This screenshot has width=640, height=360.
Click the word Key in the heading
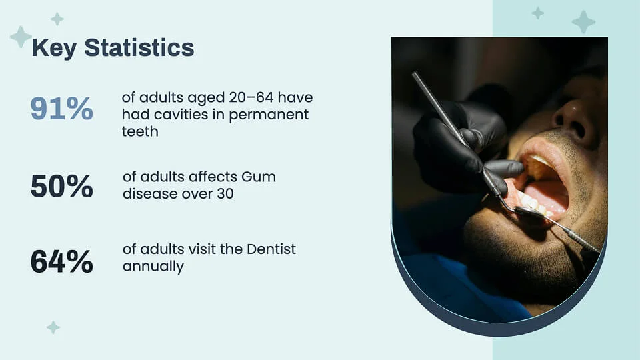54,49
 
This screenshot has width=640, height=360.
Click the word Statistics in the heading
139,47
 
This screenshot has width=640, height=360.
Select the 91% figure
61,109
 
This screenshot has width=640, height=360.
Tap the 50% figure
61,187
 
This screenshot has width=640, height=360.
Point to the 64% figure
61,261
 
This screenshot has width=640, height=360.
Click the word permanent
269,115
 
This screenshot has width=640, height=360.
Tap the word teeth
140,131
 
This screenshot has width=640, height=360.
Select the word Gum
259,177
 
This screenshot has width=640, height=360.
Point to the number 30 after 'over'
225,194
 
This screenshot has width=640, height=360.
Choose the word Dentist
271,249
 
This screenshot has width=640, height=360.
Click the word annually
153,267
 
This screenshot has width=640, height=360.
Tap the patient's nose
571,119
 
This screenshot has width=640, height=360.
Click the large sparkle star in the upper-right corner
583,21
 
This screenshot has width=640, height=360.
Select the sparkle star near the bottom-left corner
53,327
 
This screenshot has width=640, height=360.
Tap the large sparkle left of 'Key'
21,37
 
